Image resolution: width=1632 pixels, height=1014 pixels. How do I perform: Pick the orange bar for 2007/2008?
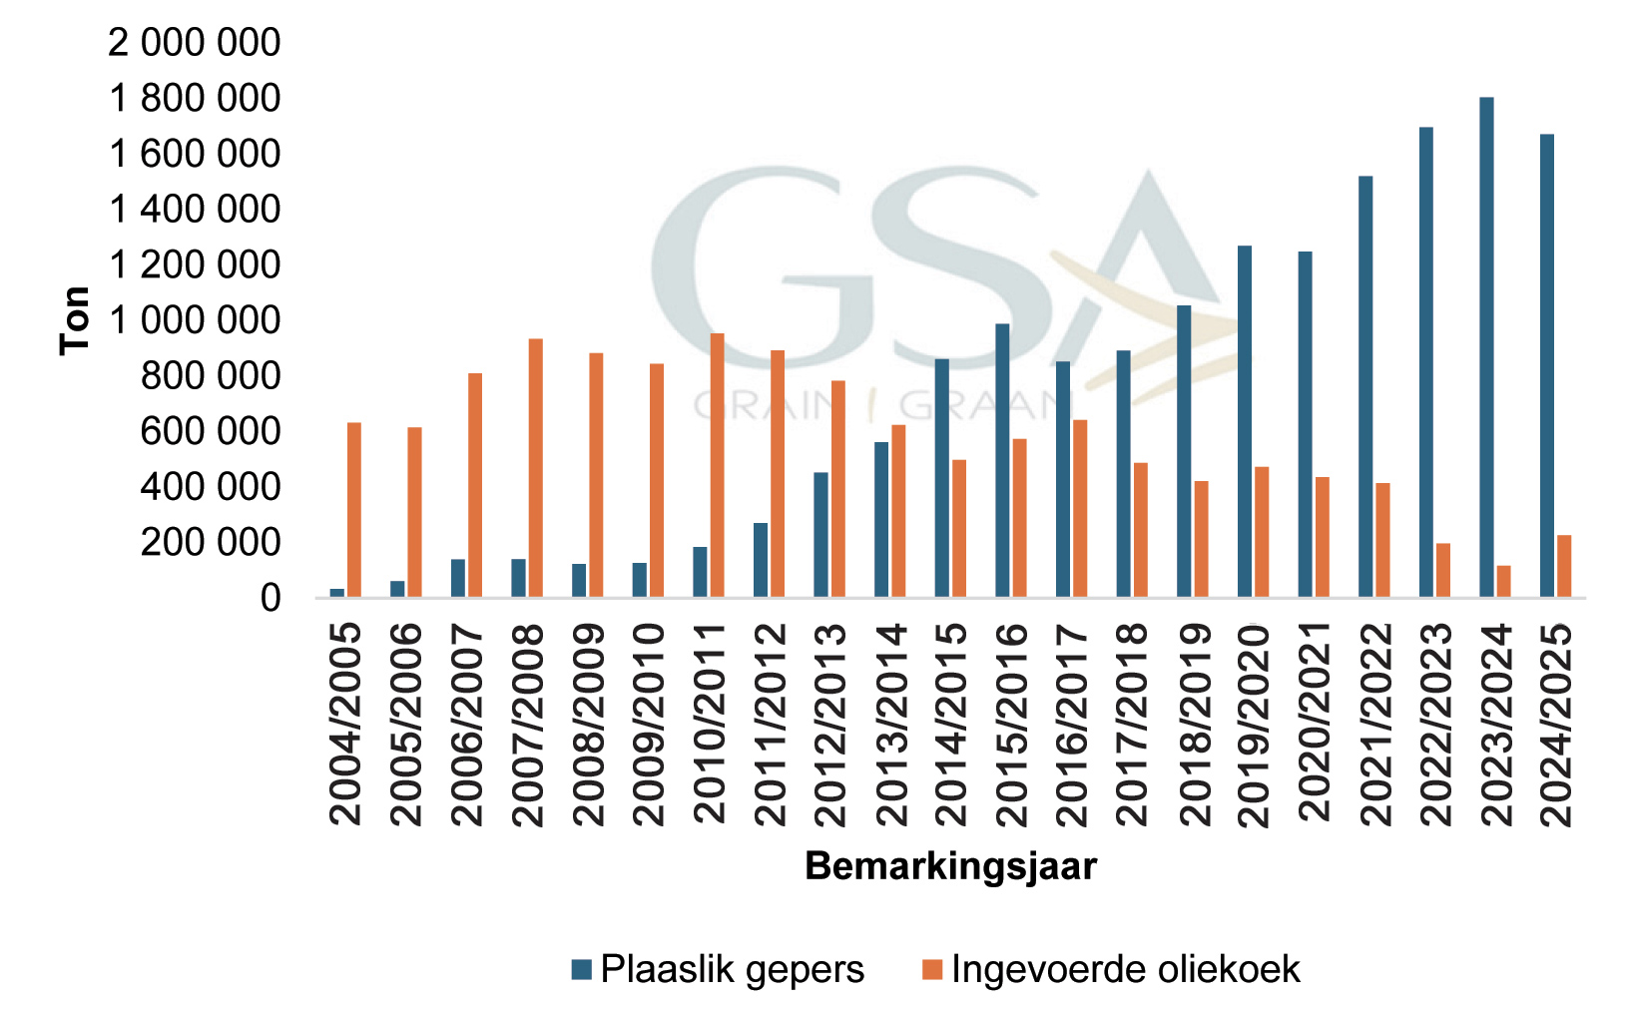(x=536, y=468)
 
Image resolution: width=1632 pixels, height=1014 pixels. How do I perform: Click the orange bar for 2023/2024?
(x=1503, y=582)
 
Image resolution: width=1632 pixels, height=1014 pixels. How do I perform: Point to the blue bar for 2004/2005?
(x=337, y=593)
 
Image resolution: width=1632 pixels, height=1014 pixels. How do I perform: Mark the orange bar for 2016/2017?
(x=1080, y=509)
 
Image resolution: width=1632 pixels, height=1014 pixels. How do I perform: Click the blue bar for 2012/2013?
(x=820, y=535)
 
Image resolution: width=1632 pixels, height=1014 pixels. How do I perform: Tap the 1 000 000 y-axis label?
(x=196, y=320)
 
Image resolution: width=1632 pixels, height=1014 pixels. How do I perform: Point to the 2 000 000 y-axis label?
(x=196, y=43)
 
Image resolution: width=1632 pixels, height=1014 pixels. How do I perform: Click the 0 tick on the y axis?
(x=271, y=598)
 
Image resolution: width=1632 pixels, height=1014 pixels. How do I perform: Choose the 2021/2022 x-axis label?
(x=1375, y=725)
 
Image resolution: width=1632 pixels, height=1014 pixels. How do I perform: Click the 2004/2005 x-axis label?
(x=345, y=725)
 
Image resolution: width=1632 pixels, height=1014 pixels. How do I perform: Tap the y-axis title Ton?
(x=76, y=320)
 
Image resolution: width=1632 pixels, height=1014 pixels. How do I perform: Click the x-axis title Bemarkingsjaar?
(x=950, y=866)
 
